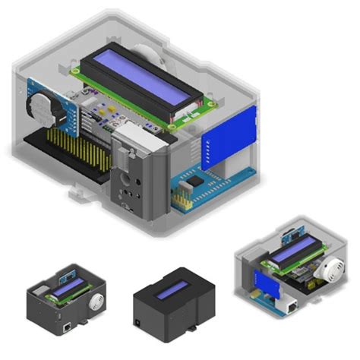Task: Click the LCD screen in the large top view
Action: pos(141,82)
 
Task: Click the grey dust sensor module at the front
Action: pos(137,178)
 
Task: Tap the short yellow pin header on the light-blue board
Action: pos(180,199)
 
